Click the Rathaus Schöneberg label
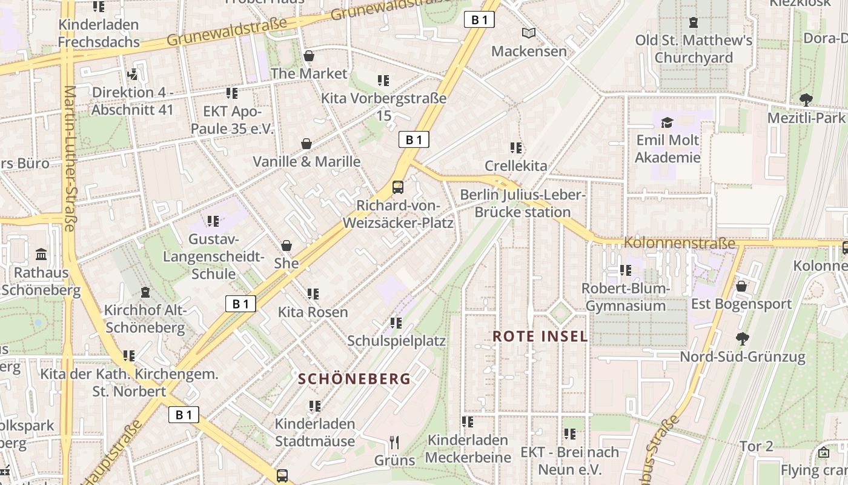(41, 281)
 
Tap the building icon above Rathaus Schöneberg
(41, 254)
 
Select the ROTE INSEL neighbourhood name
(540, 336)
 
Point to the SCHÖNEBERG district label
(355, 380)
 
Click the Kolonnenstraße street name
(679, 244)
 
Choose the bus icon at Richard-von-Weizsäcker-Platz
(398, 187)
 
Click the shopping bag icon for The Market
(309, 56)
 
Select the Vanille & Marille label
(306, 162)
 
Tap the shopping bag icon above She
(287, 246)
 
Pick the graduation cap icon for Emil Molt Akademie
(667, 123)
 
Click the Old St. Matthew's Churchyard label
(694, 49)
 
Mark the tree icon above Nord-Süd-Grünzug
(743, 338)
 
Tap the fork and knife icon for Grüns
(394, 442)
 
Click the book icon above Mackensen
(529, 33)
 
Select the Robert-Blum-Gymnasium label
(626, 297)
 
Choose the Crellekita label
(515, 166)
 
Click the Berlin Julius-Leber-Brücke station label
(522, 204)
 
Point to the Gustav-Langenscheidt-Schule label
(213, 256)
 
